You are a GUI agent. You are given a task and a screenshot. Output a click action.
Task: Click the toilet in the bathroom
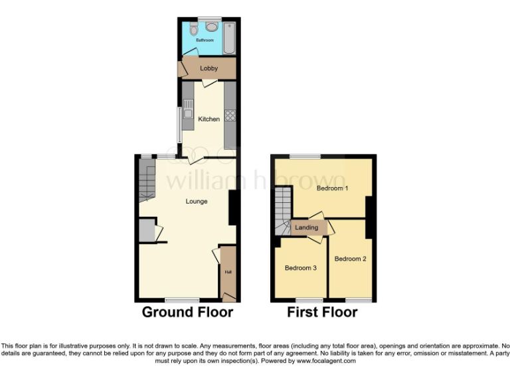(x=192, y=30)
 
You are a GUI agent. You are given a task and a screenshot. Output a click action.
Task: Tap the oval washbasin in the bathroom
(x=212, y=27)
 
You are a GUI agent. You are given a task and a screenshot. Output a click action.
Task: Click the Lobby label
(x=209, y=68)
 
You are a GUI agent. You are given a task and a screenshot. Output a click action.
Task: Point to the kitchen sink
(x=188, y=109)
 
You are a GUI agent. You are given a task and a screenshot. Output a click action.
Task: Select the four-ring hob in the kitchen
(x=231, y=115)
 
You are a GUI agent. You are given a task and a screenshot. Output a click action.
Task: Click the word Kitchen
(x=209, y=119)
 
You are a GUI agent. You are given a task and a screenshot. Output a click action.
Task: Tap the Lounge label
(x=197, y=202)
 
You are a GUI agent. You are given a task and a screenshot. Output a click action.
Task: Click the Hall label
(x=228, y=272)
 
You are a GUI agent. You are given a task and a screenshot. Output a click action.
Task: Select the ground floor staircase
(x=147, y=180)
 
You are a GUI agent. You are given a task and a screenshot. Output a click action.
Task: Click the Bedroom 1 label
(x=332, y=188)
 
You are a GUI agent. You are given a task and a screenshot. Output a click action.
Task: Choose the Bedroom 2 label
(x=350, y=259)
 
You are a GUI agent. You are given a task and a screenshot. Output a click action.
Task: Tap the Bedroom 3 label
(x=301, y=268)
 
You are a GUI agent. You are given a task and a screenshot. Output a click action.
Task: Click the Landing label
(x=307, y=227)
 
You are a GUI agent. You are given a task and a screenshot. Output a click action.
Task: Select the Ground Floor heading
(x=187, y=312)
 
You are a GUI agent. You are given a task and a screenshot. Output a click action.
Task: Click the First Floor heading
(x=322, y=312)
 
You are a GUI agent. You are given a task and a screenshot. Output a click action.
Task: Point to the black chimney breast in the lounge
(x=234, y=208)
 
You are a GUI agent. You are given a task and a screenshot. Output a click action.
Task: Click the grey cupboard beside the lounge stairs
(x=146, y=230)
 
